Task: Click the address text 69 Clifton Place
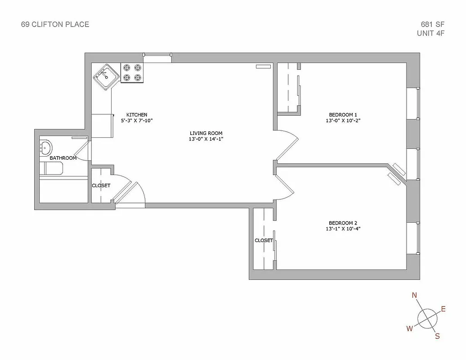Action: click(x=55, y=24)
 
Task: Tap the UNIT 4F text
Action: click(x=431, y=33)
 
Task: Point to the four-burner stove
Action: click(x=132, y=73)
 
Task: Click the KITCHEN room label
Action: click(x=137, y=115)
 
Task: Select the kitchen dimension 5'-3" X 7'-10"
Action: click(x=137, y=121)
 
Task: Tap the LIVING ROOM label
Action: click(x=206, y=133)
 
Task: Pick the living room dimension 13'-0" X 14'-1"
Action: click(x=206, y=139)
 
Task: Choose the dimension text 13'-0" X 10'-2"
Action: click(x=343, y=121)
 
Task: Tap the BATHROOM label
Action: click(x=63, y=158)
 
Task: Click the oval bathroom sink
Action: click(x=45, y=147)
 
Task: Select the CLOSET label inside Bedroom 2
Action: click(x=264, y=240)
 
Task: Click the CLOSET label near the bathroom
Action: click(x=101, y=185)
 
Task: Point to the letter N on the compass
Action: click(x=414, y=296)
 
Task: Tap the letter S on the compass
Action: click(x=437, y=336)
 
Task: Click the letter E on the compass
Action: click(x=443, y=309)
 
